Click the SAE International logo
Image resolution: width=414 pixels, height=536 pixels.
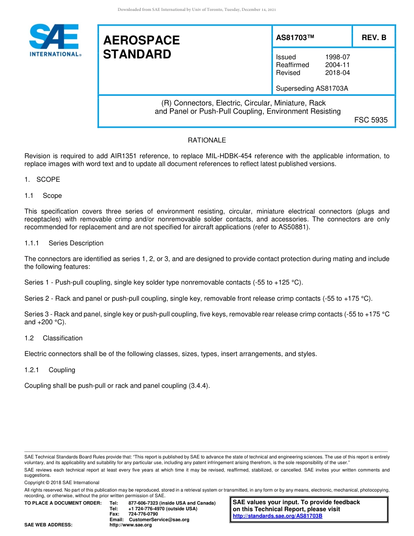[54, 40]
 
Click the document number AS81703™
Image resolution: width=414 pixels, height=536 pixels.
[295, 38]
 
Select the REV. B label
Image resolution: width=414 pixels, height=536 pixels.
[374, 38]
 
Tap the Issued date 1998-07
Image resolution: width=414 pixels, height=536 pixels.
[337, 57]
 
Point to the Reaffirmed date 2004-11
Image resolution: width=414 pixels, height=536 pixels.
[337, 65]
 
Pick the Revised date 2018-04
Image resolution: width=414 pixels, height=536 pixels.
[337, 73]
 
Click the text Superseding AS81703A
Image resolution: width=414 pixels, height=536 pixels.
[312, 88]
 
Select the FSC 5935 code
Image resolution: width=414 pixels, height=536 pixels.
[370, 120]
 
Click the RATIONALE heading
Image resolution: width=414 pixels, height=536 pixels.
[207, 140]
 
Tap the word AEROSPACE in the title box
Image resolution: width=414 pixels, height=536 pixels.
[141, 41]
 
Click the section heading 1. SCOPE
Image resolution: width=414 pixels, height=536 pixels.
[42, 180]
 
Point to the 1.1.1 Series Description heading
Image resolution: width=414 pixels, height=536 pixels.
[64, 243]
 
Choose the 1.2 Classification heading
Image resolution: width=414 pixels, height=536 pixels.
[54, 338]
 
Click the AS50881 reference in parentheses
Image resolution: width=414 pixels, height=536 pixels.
[293, 227]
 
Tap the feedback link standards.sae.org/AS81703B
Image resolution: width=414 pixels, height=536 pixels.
[278, 516]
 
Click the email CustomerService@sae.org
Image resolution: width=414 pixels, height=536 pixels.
[159, 519]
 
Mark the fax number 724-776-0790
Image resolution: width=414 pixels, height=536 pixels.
[143, 514]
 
